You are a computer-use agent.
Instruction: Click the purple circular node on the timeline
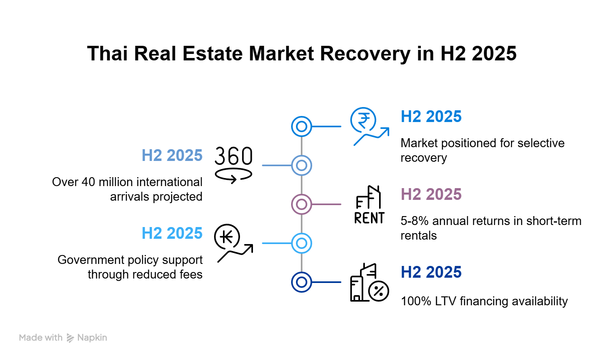pyautogui.click(x=301, y=204)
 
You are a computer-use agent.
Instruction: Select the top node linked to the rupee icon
pyautogui.click(x=301, y=126)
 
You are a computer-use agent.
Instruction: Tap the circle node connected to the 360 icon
pyautogui.click(x=301, y=165)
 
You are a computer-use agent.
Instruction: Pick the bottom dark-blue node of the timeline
pyautogui.click(x=301, y=282)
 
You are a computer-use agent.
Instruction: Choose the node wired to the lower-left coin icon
pyautogui.click(x=301, y=243)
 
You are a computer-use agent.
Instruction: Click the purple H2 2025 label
pyautogui.click(x=431, y=195)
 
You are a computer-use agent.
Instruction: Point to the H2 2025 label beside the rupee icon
pyautogui.click(x=431, y=117)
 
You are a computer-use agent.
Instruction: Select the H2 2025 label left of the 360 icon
pyautogui.click(x=172, y=156)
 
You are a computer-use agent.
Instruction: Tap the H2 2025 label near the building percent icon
pyautogui.click(x=431, y=272)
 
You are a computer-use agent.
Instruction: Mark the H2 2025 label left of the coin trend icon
pyautogui.click(x=172, y=234)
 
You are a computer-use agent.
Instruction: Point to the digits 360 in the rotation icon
pyautogui.click(x=234, y=156)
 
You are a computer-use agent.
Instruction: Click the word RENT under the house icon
pyautogui.click(x=369, y=219)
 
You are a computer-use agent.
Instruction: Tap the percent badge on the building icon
pyautogui.click(x=380, y=291)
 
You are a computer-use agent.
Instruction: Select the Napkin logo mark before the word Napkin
pyautogui.click(x=71, y=338)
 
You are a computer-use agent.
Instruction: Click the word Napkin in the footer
pyautogui.click(x=92, y=338)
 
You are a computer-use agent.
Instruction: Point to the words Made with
pyautogui.click(x=41, y=338)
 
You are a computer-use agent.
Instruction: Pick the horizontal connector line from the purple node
pyautogui.click(x=326, y=204)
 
